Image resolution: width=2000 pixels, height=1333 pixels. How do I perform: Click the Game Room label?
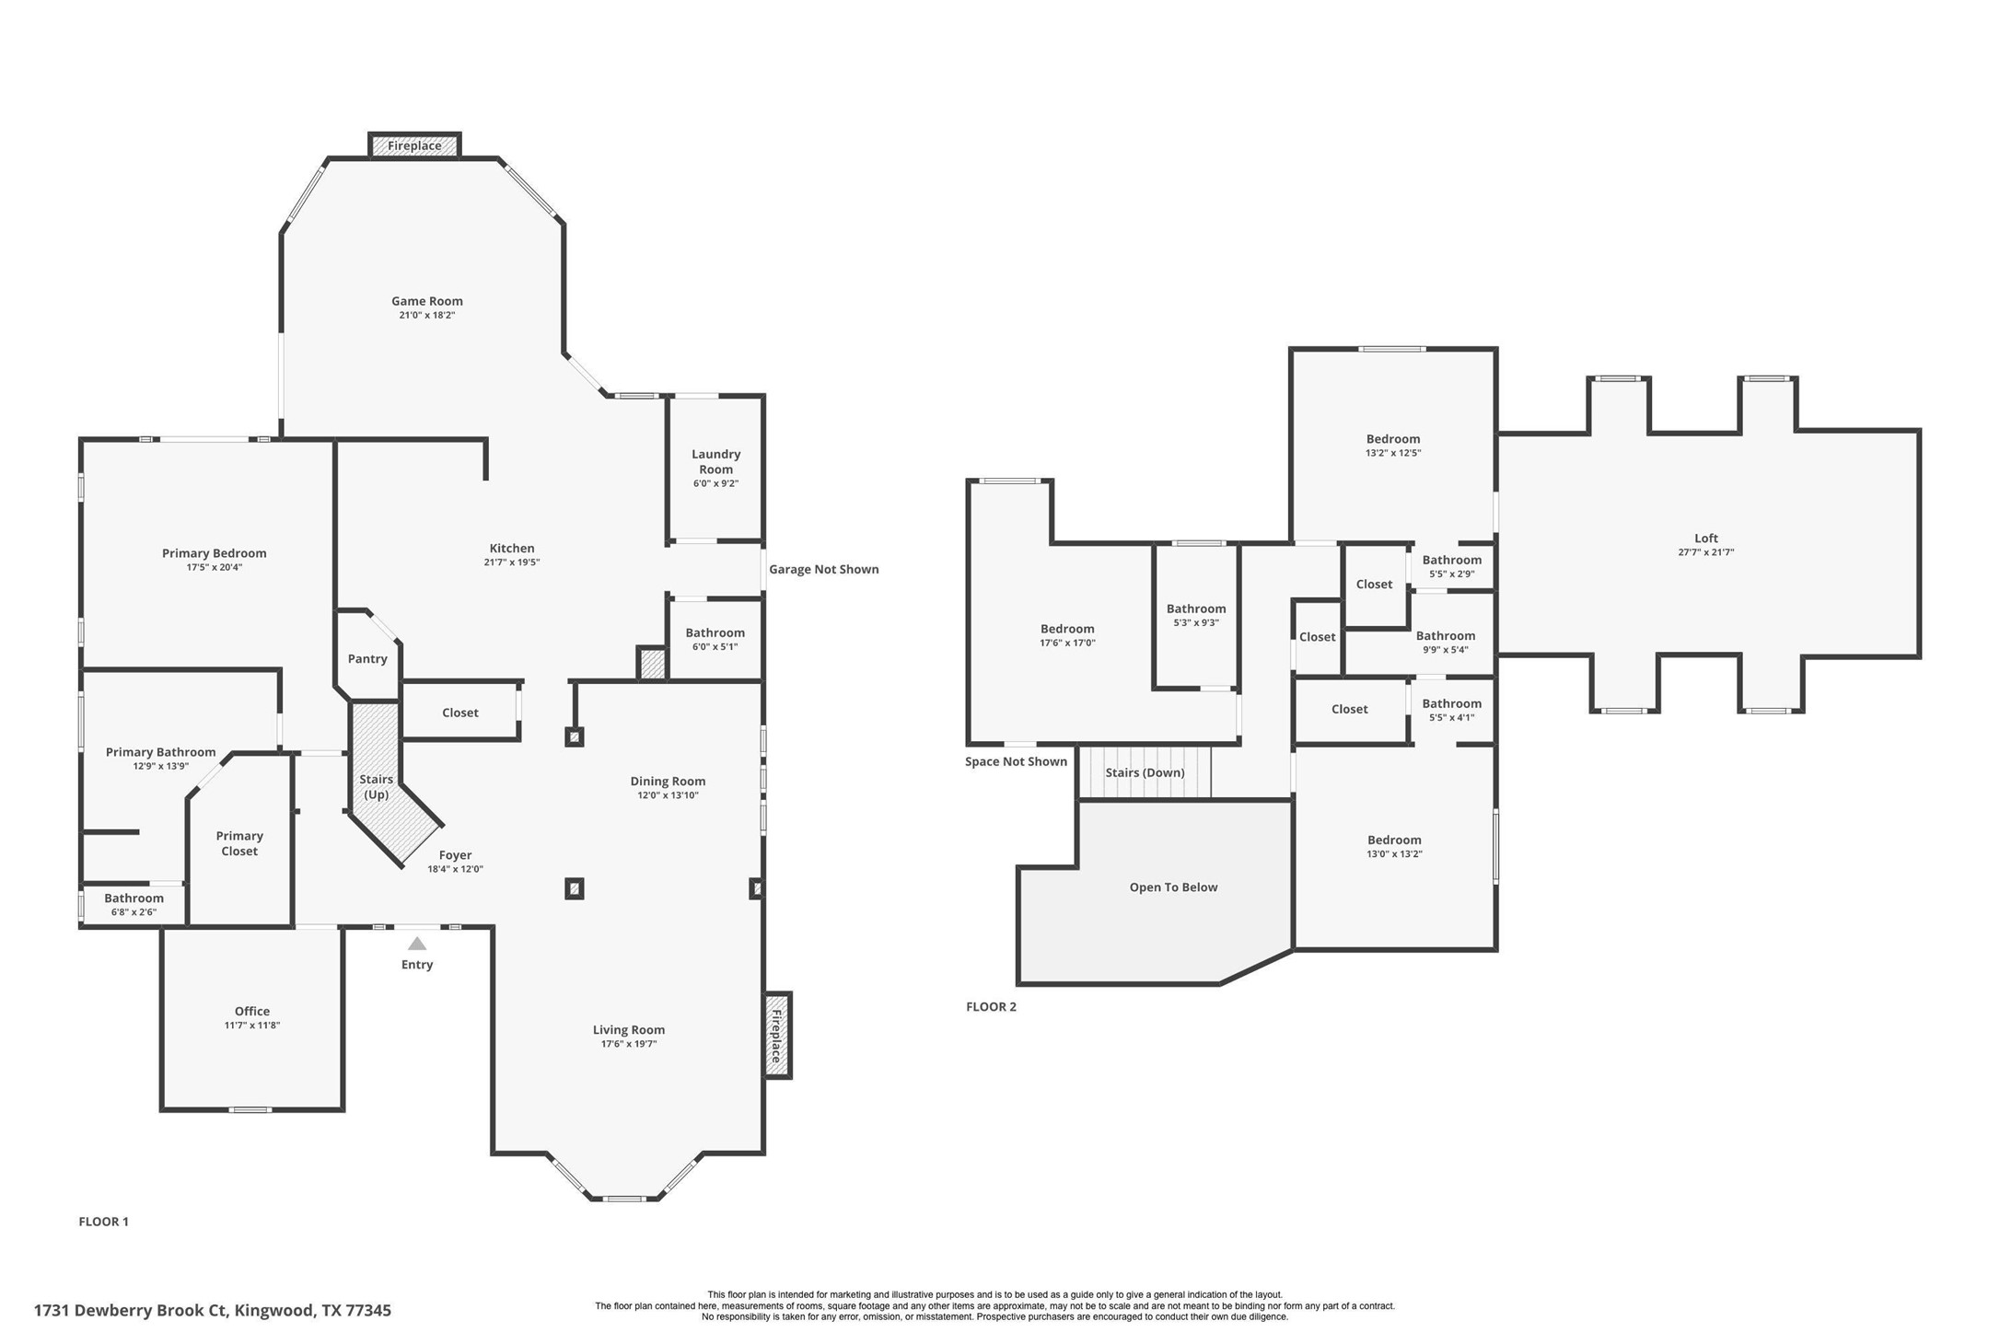(426, 301)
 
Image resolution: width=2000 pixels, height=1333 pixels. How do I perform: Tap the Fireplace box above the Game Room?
(414, 145)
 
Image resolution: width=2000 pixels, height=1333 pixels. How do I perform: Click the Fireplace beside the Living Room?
(777, 1036)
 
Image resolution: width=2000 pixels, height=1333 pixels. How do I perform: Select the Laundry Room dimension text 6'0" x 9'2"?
(715, 483)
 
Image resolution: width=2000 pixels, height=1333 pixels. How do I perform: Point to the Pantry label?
(367, 659)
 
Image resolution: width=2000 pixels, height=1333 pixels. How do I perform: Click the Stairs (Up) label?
(376, 786)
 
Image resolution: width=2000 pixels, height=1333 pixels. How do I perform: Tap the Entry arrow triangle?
(417, 944)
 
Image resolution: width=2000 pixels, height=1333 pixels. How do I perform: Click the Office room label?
(251, 1011)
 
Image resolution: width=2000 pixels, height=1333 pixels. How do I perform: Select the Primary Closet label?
(239, 843)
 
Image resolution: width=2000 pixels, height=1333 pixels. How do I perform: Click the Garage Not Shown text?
(823, 570)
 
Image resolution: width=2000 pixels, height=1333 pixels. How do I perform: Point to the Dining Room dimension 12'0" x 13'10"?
(668, 795)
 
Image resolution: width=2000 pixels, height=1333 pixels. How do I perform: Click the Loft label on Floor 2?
(1705, 539)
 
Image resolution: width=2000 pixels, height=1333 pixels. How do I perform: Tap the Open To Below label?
(1173, 887)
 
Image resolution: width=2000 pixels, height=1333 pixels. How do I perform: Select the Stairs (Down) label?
(1145, 772)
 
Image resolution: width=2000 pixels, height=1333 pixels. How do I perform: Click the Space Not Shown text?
(1016, 761)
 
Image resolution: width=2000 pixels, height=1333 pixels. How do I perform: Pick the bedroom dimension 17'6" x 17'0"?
(1067, 643)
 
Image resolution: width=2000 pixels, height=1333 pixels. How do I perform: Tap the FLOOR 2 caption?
(991, 1007)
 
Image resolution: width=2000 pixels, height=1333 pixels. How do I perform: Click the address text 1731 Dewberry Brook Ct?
(129, 1310)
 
